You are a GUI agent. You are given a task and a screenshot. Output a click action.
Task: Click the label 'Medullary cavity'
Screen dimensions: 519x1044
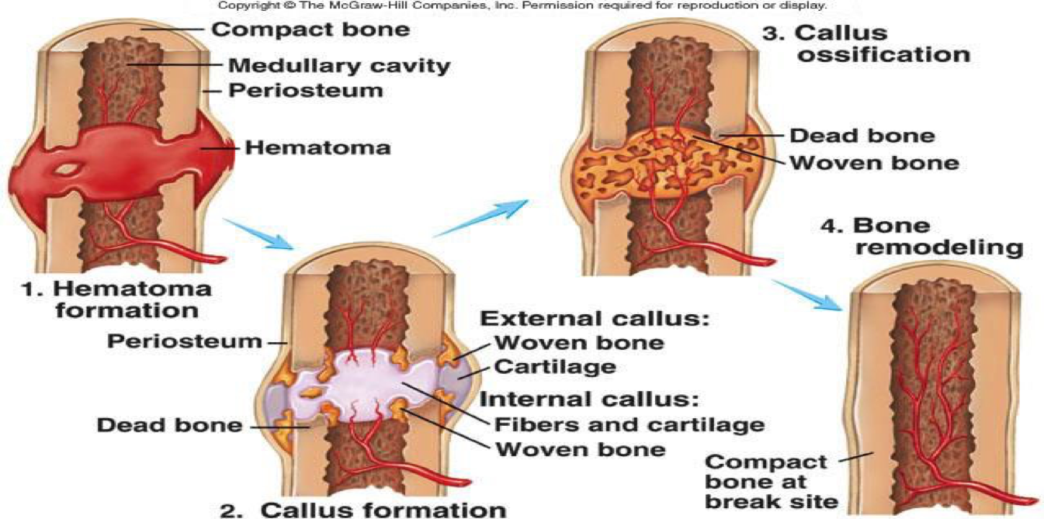tap(338, 64)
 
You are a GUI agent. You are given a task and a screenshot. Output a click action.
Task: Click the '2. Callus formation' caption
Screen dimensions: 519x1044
tap(362, 509)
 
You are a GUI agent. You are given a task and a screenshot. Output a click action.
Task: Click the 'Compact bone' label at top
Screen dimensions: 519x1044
tap(310, 30)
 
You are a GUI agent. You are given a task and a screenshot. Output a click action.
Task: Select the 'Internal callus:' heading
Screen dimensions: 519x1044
tap(590, 400)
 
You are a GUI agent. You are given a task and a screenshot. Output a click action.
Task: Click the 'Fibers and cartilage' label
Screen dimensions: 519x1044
tap(629, 424)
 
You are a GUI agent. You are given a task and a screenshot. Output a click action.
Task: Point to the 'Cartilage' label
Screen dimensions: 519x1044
tap(555, 365)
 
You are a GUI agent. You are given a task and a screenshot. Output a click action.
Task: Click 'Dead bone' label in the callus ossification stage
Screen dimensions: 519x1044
tap(862, 136)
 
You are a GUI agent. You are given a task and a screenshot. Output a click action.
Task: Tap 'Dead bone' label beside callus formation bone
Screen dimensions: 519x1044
tap(169, 424)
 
